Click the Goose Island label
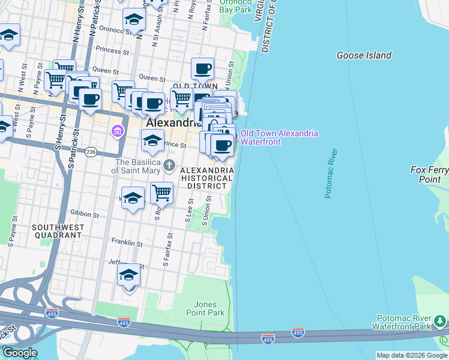[x=364, y=55]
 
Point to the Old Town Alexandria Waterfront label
[x=279, y=138]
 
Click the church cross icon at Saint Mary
[x=170, y=165]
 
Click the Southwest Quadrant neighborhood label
[x=56, y=231]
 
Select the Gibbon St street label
[x=85, y=214]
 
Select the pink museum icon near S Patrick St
[x=118, y=130]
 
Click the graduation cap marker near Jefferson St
[x=129, y=275]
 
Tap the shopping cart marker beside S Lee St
[x=161, y=193]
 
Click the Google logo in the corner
[x=20, y=353]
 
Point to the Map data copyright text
[x=412, y=355]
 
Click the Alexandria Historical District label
[x=207, y=178]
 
